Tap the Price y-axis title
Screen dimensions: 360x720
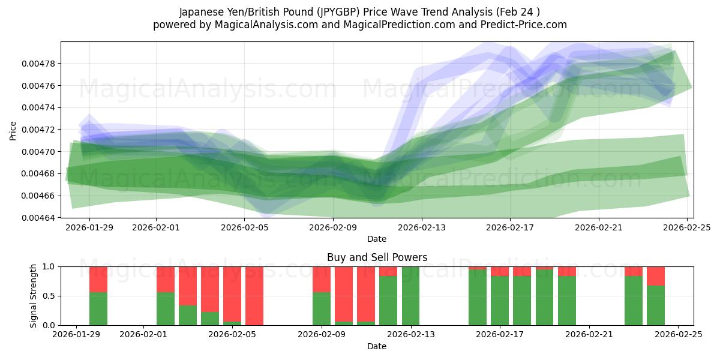pyautogui.click(x=13, y=130)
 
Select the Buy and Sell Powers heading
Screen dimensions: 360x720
pyautogui.click(x=377, y=257)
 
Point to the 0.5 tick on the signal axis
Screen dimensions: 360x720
pyautogui.click(x=48, y=296)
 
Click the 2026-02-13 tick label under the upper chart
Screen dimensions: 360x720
pyautogui.click(x=421, y=227)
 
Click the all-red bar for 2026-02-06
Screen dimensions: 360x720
pyautogui.click(x=254, y=296)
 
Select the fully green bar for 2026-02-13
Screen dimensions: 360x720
pyautogui.click(x=410, y=296)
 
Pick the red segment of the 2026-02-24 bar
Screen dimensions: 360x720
pyautogui.click(x=656, y=276)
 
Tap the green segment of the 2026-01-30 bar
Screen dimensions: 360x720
pyautogui.click(x=98, y=308)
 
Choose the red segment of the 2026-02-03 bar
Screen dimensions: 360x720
pyautogui.click(x=188, y=286)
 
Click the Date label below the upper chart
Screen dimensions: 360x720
pyautogui.click(x=377, y=239)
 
